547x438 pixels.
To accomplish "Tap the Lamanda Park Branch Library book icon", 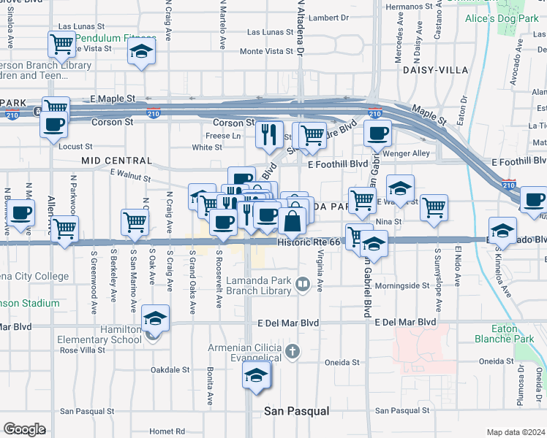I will pyautogui.click(x=303, y=283).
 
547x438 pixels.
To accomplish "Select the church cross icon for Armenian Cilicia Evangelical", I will pyautogui.click(x=293, y=352).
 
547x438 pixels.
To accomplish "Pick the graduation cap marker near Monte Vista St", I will pyautogui.click(x=140, y=53).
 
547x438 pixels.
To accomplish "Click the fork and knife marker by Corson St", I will pyautogui.click(x=269, y=134).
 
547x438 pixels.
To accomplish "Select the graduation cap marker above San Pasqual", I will pyautogui.click(x=256, y=376).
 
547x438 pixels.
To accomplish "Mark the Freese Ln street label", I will pyautogui.click(x=224, y=136).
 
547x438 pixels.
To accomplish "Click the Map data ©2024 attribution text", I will pyautogui.click(x=516, y=432).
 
